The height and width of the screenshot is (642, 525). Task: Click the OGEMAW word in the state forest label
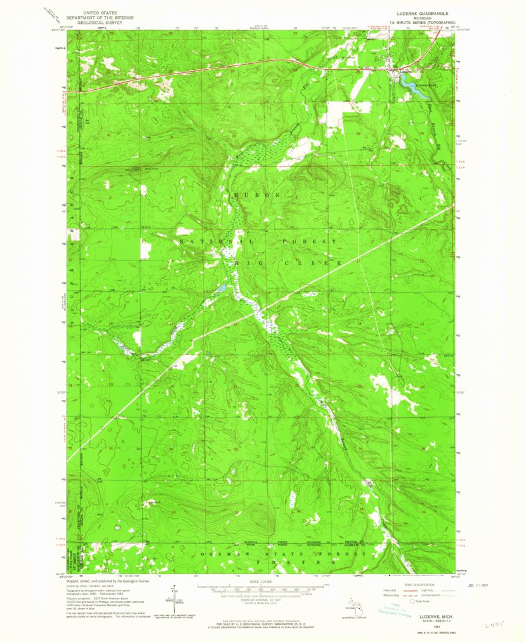click(x=223, y=553)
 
